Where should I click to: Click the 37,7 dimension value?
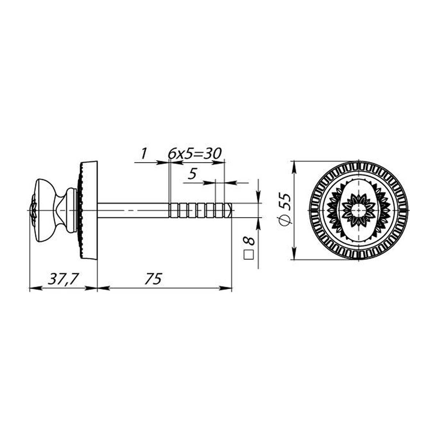coord(63,279)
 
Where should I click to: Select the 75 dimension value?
coord(153,279)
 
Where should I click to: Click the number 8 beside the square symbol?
coord(249,241)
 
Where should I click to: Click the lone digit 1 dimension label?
coord(144,154)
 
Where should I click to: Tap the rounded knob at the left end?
coord(45,210)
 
